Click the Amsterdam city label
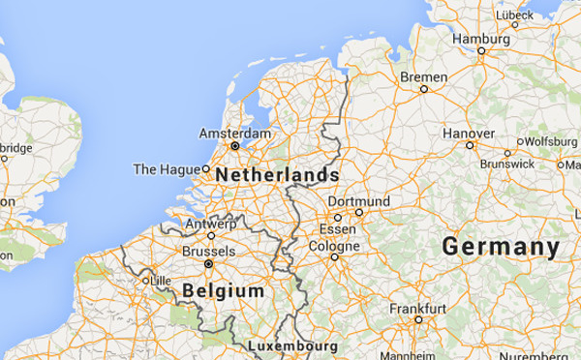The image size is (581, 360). pyautogui.click(x=234, y=133)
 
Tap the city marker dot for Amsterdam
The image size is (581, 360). pyautogui.click(x=234, y=146)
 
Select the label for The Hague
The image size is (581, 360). pyautogui.click(x=166, y=169)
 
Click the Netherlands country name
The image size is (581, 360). pyautogui.click(x=277, y=175)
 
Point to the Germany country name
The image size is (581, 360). pyautogui.click(x=501, y=247)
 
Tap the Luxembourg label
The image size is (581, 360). pyautogui.click(x=292, y=345)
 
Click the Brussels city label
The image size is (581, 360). pyautogui.click(x=208, y=250)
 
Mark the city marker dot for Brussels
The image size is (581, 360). pyautogui.click(x=208, y=262)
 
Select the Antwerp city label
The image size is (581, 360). pyautogui.click(x=209, y=224)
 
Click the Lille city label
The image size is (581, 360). pyautogui.click(x=155, y=281)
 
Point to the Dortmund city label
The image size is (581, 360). pyautogui.click(x=359, y=200)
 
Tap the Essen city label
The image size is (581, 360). pyautogui.click(x=338, y=229)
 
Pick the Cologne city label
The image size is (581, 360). pyautogui.click(x=333, y=245)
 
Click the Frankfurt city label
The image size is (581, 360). pyautogui.click(x=418, y=308)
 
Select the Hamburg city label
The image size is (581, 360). pyautogui.click(x=480, y=39)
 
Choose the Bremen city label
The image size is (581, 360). pyautogui.click(x=423, y=76)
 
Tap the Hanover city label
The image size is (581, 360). pyautogui.click(x=469, y=134)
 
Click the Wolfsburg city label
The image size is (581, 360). pyautogui.click(x=551, y=141)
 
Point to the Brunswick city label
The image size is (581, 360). pyautogui.click(x=507, y=164)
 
